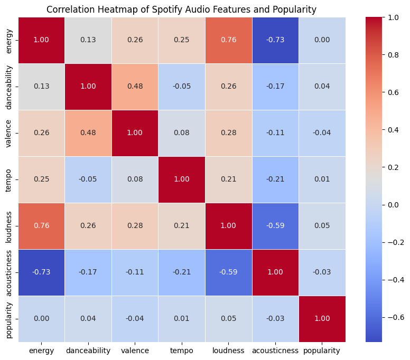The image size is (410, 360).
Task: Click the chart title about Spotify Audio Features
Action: pyautogui.click(x=181, y=9)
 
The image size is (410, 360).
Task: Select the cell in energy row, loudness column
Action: pyautogui.click(x=229, y=40)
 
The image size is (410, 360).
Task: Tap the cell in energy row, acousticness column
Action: pyautogui.click(x=275, y=40)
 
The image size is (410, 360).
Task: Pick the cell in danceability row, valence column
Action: pyautogui.click(x=135, y=87)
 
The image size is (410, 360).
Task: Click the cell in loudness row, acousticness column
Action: pyautogui.click(x=275, y=226)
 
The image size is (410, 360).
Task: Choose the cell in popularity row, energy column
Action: pyautogui.click(x=42, y=319)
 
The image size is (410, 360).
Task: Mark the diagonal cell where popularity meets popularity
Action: pyautogui.click(x=322, y=319)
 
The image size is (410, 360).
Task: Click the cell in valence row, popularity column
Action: pyautogui.click(x=322, y=133)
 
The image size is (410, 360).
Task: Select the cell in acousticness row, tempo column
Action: pyautogui.click(x=182, y=272)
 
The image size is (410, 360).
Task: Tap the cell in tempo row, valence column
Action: pyautogui.click(x=135, y=179)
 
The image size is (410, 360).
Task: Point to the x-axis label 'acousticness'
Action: pyautogui.click(x=275, y=350)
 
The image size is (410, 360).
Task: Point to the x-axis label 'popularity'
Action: pyautogui.click(x=322, y=350)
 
